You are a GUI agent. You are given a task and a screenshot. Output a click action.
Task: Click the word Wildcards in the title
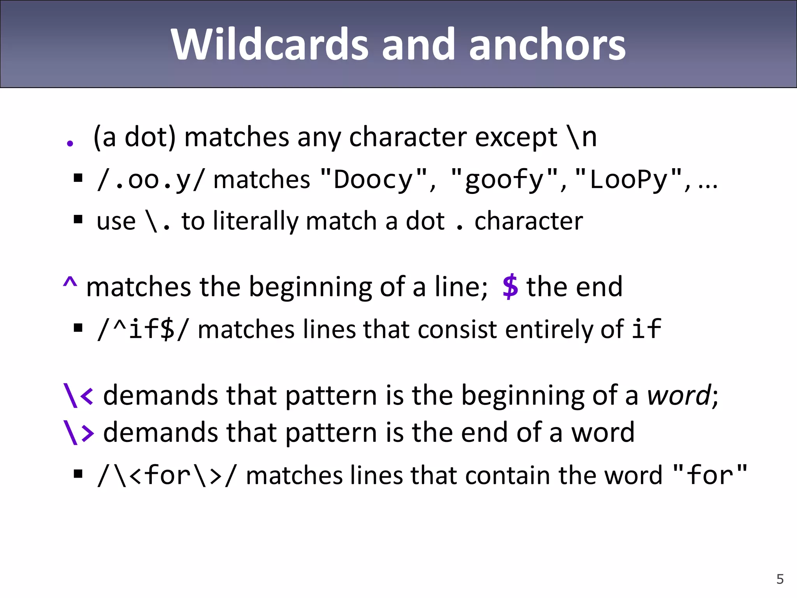[269, 45]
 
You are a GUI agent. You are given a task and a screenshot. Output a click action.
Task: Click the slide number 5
[780, 579]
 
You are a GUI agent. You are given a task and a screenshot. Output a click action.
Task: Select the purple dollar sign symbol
[510, 287]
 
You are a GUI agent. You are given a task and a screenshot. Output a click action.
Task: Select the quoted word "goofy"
[504, 179]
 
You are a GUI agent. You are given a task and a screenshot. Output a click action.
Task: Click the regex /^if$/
[142, 329]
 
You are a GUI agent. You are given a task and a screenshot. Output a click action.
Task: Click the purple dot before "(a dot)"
[70, 144]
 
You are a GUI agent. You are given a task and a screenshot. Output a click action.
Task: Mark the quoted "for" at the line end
[710, 475]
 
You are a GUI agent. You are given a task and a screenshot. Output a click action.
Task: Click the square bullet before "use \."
[78, 220]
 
